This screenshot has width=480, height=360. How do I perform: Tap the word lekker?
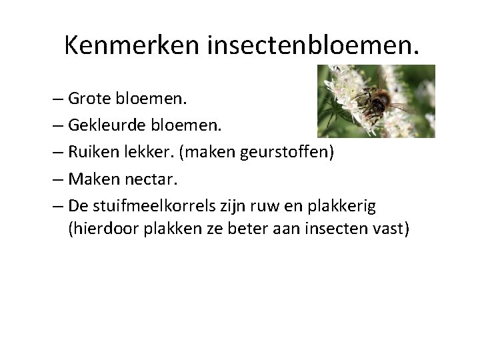pyautogui.click(x=149, y=153)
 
